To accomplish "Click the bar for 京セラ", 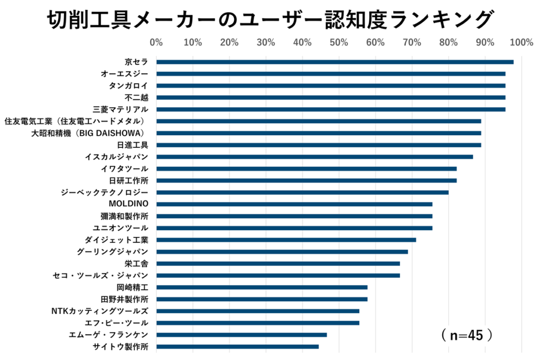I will pos(334,62).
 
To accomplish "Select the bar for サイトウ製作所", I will pos(237,347).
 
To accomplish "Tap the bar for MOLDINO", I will pos(294,204).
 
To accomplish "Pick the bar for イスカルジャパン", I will pos(314,157).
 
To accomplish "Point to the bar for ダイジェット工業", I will pos(286,240).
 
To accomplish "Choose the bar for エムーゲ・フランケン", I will pos(241,335).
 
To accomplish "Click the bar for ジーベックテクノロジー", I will pos(302,192).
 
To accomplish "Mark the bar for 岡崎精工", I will pos(262,287).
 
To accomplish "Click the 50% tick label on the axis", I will pos(339,42).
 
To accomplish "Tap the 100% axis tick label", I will pos(521,42).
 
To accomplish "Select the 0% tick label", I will pos(156,42).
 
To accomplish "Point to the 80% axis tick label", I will pos(449,42).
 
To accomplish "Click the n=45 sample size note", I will pos(466,335).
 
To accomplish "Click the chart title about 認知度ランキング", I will pos(270,20).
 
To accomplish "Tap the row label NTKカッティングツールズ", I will pos(99,311).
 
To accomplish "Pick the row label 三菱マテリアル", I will pos(120,109).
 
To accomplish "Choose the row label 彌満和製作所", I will pos(124,216).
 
